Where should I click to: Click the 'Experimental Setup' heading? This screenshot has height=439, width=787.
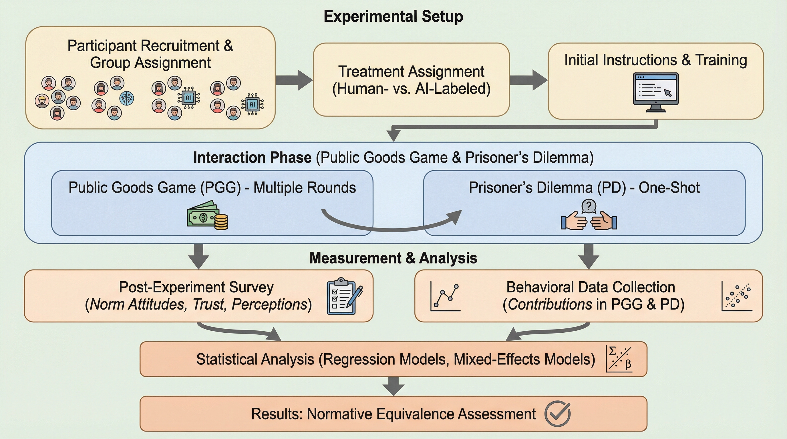coord(393,17)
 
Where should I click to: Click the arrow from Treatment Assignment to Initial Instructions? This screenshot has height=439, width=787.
coord(528,80)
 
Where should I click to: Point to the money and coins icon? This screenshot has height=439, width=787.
coord(207,215)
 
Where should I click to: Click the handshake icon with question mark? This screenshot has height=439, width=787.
coord(589,215)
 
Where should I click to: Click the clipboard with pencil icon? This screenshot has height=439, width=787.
coord(344,296)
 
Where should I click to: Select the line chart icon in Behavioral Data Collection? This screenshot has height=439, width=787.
coord(446,296)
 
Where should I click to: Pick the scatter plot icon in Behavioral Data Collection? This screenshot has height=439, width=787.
coord(737,296)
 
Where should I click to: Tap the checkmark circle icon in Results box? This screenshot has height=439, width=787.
coord(557,414)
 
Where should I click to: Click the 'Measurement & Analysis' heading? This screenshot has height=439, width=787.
coord(393,258)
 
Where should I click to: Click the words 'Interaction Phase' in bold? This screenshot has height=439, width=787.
coord(252,157)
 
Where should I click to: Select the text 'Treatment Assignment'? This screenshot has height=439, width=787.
coord(411,72)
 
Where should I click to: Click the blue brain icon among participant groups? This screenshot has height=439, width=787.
coord(126,98)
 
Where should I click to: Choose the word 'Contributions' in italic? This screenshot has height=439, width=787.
coord(550,304)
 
